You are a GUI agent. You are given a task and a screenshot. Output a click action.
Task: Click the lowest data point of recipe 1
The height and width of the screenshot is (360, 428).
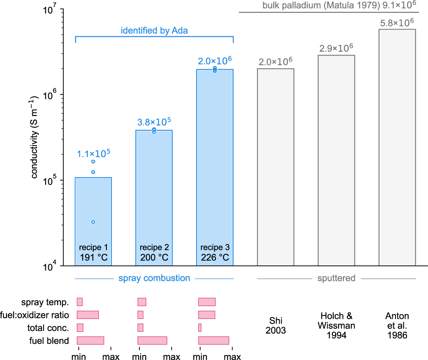coord(93,222)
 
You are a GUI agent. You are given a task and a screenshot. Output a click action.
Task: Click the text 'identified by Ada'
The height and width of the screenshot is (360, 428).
coord(154,30)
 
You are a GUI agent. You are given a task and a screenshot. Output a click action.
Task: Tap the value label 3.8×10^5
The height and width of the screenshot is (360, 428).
coord(154,122)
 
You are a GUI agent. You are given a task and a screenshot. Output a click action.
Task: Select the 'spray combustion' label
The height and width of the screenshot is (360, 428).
coord(154,278)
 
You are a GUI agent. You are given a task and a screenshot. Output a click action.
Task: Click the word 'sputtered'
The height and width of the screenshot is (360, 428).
coord(336,278)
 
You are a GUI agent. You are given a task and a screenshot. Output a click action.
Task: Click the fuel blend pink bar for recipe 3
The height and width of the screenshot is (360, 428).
coord(214,340)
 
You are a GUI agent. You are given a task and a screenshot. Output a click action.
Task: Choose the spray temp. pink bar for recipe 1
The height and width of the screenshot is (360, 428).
coord(80,302)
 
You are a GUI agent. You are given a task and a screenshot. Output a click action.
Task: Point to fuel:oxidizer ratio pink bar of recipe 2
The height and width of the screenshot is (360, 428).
coord(140,315)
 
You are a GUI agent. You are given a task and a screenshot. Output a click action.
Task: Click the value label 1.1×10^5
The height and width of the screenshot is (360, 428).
coord(93,153)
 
